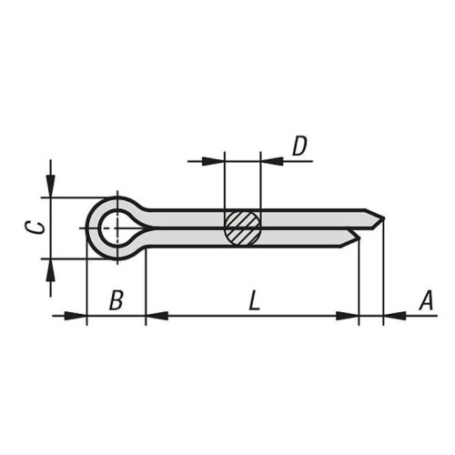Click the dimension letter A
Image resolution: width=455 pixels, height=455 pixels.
point(423,300)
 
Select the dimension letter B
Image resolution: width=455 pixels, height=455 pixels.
point(116,300)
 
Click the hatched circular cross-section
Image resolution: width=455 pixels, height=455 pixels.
point(243,227)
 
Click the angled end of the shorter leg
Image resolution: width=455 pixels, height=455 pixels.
point(357,238)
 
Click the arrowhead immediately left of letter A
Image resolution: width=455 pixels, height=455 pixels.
point(393,316)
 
